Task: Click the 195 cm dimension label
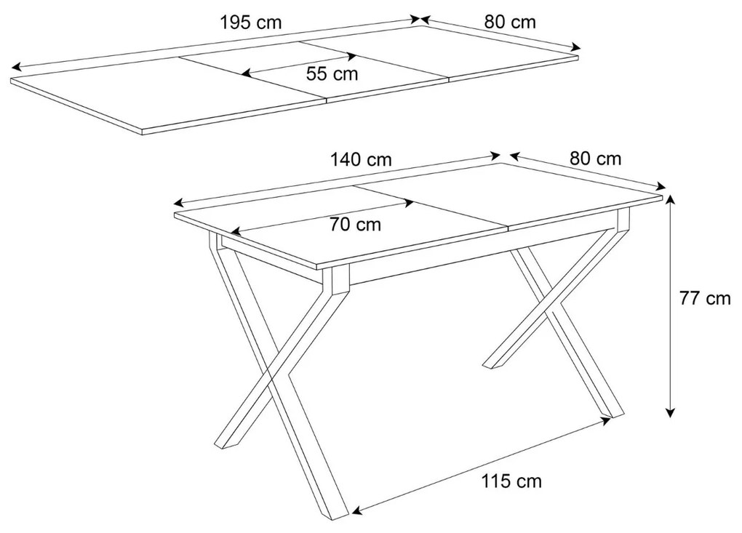(250, 23)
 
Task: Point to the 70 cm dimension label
(355, 225)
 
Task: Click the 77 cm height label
(704, 298)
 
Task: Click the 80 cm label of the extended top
(510, 22)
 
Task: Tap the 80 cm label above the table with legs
(596, 159)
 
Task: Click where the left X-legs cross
(271, 378)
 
